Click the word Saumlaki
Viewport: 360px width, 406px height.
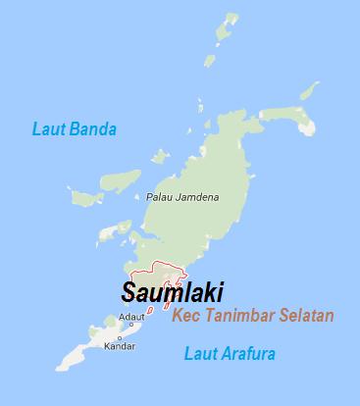(x=172, y=292)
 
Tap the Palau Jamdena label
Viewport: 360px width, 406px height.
(x=182, y=196)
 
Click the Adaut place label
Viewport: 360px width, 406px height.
(x=129, y=317)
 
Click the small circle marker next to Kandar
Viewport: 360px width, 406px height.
(x=119, y=336)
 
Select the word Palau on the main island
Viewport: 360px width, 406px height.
(x=160, y=196)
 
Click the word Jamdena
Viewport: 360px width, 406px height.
(x=199, y=196)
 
